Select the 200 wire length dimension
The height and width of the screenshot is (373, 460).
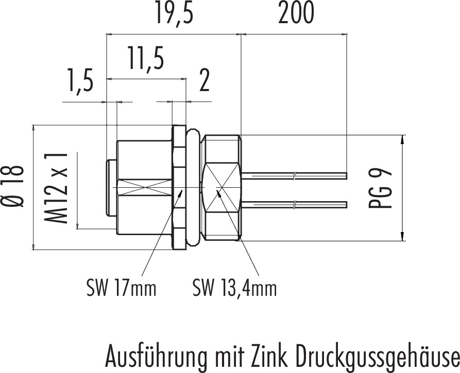296,13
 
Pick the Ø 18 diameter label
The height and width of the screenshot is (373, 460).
12,187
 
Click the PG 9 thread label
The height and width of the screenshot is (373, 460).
380,187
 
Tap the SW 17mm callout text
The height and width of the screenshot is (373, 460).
121,288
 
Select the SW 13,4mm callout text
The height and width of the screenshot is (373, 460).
235,288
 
